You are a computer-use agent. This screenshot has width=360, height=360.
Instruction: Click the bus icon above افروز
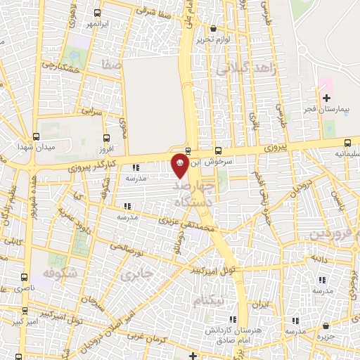[106, 138]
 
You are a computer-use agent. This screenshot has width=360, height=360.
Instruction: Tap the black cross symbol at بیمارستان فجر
[326, 98]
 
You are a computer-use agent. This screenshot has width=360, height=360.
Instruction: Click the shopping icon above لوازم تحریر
[214, 29]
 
